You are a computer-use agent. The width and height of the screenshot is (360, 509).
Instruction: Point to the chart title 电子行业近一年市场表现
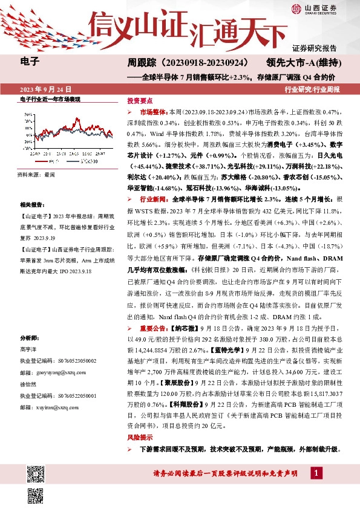coord(50,99)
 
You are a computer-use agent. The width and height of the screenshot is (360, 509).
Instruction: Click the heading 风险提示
coord(139,437)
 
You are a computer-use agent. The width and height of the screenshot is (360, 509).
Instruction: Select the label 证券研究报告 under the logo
coord(314,48)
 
